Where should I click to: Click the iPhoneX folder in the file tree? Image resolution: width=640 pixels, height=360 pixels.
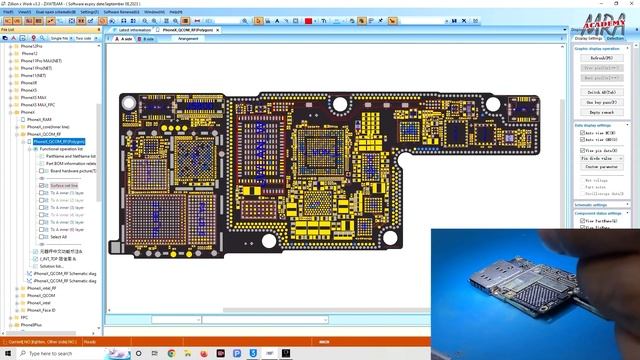[x=27, y=113]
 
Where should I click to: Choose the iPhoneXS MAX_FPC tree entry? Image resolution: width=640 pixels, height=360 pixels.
[x=36, y=105]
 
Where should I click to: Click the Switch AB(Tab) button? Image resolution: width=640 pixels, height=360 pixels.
[x=606, y=92]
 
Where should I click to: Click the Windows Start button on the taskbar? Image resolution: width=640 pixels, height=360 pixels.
[x=7, y=354]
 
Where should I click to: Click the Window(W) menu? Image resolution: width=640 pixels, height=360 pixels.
[x=154, y=12]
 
